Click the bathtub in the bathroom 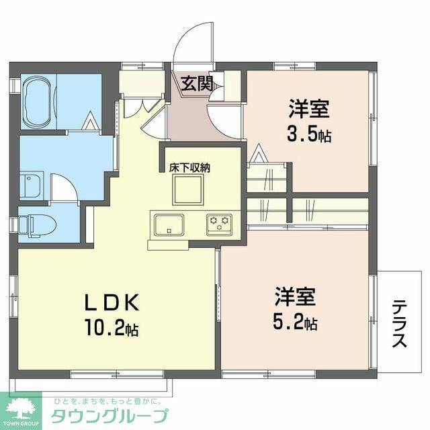38,103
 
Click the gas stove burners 218,222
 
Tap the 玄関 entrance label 197,83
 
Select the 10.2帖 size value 112,329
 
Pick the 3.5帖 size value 308,134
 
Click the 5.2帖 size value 294,323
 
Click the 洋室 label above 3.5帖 309,107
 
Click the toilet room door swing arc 66,188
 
